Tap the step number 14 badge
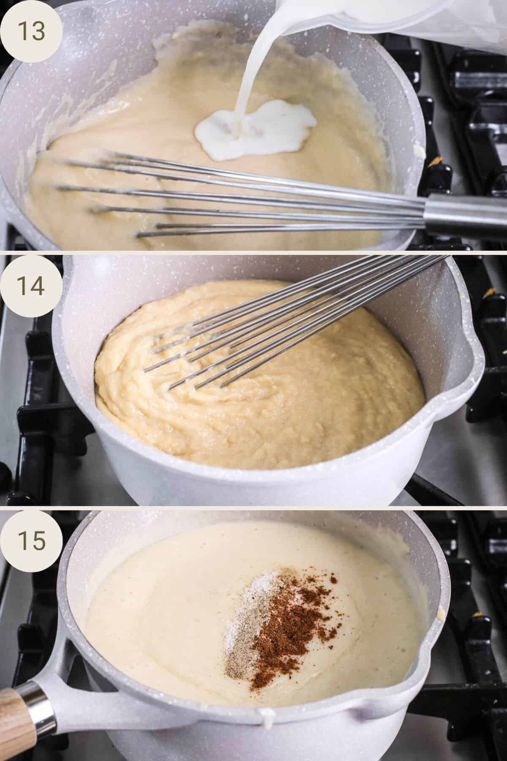(32, 286)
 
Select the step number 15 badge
(32, 540)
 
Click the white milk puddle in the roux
(253, 127)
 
